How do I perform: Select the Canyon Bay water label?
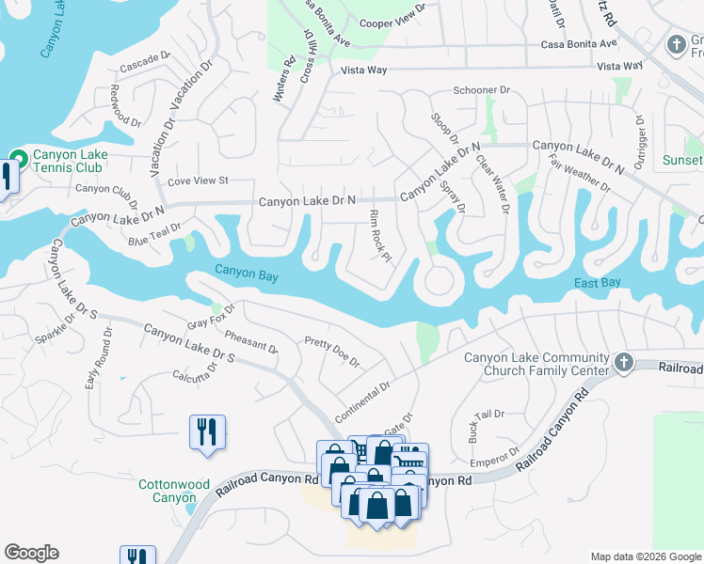click(x=247, y=272)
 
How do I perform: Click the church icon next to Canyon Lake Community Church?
click(x=622, y=363)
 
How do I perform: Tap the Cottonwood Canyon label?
click(x=173, y=491)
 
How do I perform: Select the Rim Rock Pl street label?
click(x=379, y=236)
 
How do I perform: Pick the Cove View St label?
click(x=198, y=180)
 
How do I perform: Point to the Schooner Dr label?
click(x=481, y=91)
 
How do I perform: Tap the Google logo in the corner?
click(x=31, y=553)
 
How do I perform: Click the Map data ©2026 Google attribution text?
click(x=645, y=556)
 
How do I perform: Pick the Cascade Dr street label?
click(x=144, y=68)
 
